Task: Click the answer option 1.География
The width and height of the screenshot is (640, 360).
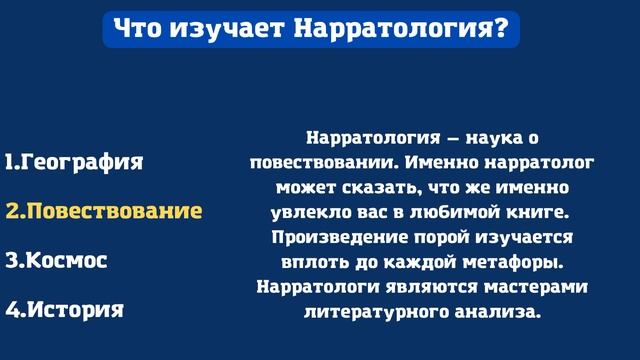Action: (74, 162)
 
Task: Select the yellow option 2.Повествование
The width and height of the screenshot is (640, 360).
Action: (104, 211)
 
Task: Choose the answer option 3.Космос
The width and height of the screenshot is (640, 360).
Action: (70, 260)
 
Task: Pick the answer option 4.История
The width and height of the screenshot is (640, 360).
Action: (64, 309)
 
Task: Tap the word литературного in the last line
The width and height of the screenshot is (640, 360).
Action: (372, 312)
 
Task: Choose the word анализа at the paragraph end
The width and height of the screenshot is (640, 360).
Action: (497, 312)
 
